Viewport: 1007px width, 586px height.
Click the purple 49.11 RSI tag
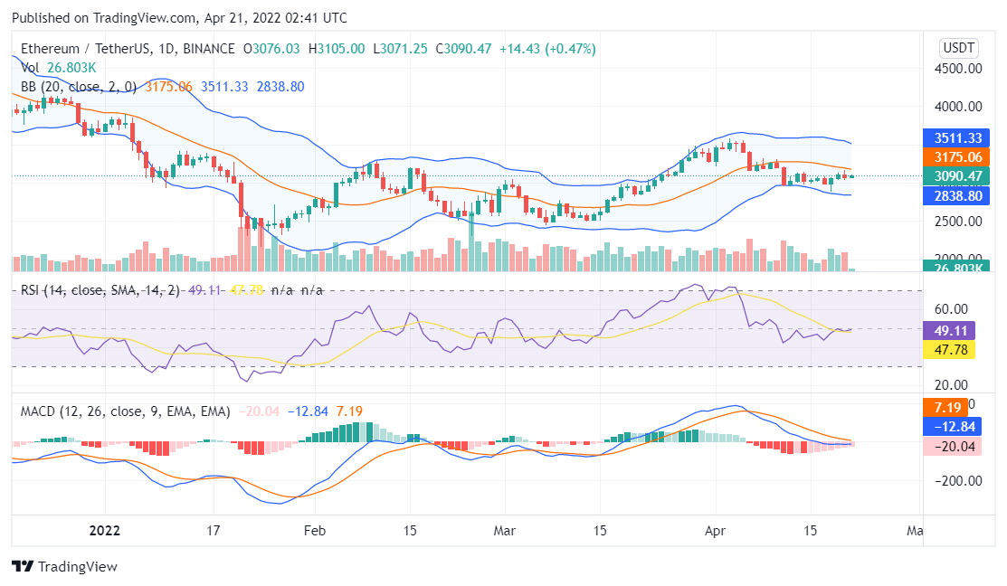[x=947, y=331]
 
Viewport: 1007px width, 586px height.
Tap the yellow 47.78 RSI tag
[x=947, y=349]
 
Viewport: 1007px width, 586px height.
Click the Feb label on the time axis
[x=314, y=530]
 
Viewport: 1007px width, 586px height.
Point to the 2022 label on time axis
[x=106, y=530]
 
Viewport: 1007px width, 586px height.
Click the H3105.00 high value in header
[x=337, y=48]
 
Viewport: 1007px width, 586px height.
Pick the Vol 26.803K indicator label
[x=59, y=68]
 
